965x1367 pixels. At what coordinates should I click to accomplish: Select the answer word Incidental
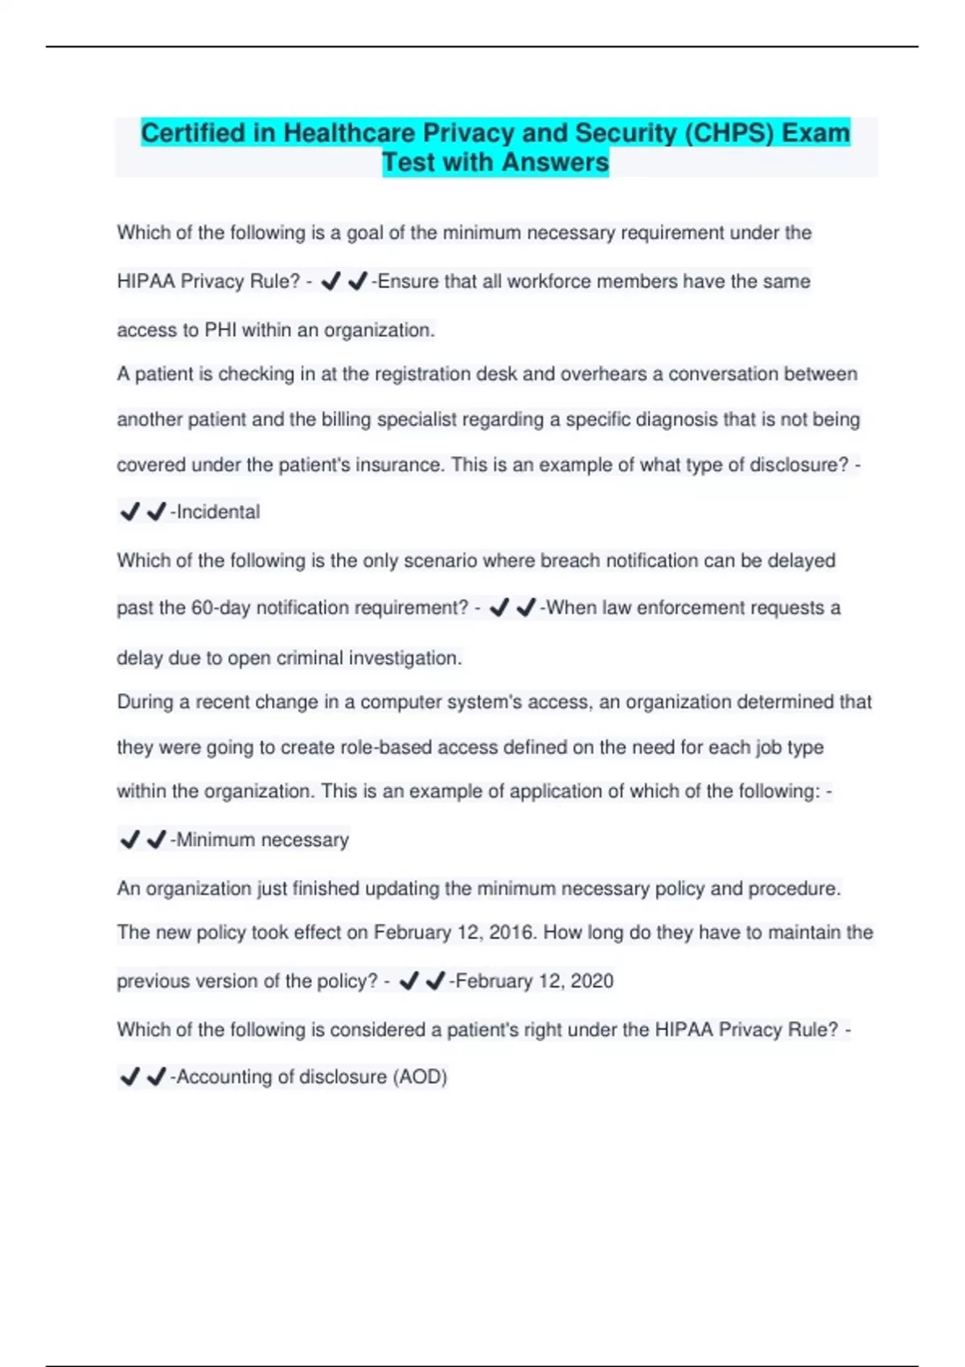click(x=218, y=512)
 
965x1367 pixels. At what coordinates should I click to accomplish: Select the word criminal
click(x=310, y=659)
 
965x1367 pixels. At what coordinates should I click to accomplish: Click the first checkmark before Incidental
click(x=129, y=511)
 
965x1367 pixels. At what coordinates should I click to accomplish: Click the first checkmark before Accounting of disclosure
click(x=129, y=1076)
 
